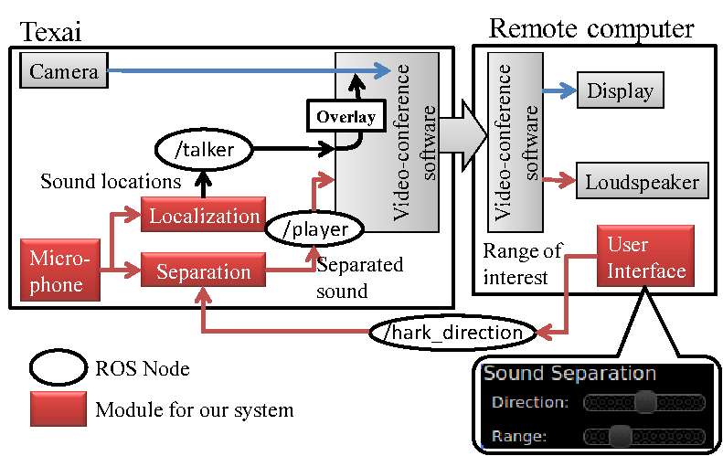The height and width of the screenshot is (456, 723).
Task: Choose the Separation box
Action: point(203,271)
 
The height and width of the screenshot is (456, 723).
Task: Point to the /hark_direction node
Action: point(452,332)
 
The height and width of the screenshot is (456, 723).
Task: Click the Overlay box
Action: point(346,117)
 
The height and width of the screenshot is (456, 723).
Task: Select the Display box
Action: point(620,91)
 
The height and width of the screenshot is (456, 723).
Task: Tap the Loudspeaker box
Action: point(643,182)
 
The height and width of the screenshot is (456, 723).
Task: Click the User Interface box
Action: point(646,258)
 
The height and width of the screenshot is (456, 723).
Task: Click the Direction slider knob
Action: point(645,401)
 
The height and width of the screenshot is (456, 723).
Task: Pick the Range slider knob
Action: point(621,436)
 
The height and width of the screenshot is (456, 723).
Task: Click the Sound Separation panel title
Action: point(569,374)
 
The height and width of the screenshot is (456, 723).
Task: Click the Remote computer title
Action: point(591,28)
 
